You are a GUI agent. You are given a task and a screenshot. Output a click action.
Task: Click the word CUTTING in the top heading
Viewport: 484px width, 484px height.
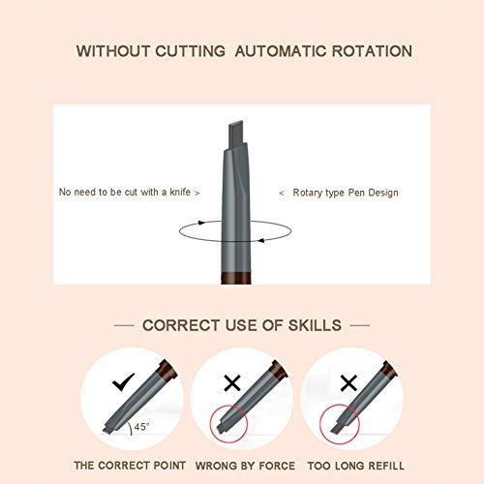tap(190, 51)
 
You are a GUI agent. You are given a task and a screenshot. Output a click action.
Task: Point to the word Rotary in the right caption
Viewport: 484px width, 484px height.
tap(307, 193)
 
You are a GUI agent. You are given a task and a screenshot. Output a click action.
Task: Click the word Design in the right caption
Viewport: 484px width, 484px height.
tap(383, 193)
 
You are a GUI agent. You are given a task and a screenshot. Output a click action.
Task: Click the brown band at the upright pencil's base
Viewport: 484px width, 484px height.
tap(236, 278)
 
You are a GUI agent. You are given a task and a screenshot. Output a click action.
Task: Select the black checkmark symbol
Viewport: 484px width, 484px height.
tap(124, 381)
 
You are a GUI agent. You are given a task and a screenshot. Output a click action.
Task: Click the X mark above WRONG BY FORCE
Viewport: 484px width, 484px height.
tap(232, 383)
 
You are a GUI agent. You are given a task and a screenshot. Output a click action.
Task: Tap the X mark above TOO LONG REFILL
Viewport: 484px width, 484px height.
tap(348, 383)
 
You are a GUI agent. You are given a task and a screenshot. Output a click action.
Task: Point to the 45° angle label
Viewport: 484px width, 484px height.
tap(141, 427)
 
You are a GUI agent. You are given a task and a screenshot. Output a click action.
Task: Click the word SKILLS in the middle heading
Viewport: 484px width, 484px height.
tap(315, 325)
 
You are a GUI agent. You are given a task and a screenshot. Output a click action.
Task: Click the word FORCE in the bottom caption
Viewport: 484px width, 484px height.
tap(277, 466)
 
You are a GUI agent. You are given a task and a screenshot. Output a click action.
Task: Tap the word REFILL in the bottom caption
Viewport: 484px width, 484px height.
tap(386, 466)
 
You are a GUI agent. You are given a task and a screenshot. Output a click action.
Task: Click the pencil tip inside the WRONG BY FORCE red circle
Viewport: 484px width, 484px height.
tap(222, 428)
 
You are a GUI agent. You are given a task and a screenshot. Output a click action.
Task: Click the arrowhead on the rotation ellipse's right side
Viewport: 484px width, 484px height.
tap(261, 240)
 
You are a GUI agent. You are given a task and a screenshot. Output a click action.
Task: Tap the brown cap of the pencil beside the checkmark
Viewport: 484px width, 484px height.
tap(166, 370)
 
